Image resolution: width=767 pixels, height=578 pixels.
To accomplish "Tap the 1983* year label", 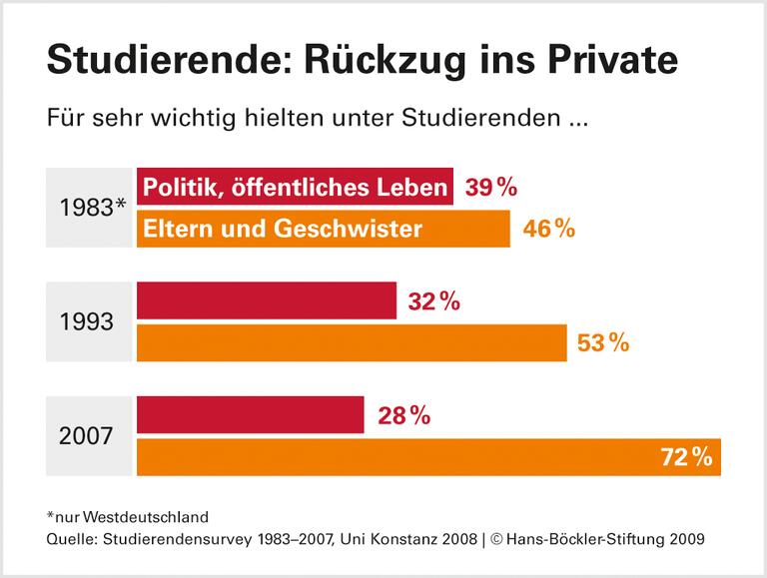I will click(x=91, y=209).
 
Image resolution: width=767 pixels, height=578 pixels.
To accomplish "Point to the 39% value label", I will click(x=490, y=188).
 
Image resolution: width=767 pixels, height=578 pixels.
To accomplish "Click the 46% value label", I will click(x=548, y=229).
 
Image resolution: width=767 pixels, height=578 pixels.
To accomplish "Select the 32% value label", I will click(x=433, y=301).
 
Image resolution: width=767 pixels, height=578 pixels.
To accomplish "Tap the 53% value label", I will click(x=604, y=342).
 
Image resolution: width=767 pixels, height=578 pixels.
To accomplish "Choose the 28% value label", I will click(x=403, y=415).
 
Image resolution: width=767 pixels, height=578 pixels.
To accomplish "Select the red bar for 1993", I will click(x=266, y=301).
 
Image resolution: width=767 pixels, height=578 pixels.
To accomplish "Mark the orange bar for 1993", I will click(x=351, y=342).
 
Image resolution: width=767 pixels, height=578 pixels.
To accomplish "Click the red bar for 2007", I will click(x=250, y=415).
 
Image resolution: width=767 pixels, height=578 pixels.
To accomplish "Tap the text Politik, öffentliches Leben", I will click(x=295, y=188).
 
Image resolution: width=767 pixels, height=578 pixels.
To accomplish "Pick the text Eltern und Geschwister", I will click(x=283, y=229).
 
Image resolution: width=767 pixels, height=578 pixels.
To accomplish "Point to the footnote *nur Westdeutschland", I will click(x=127, y=517).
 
